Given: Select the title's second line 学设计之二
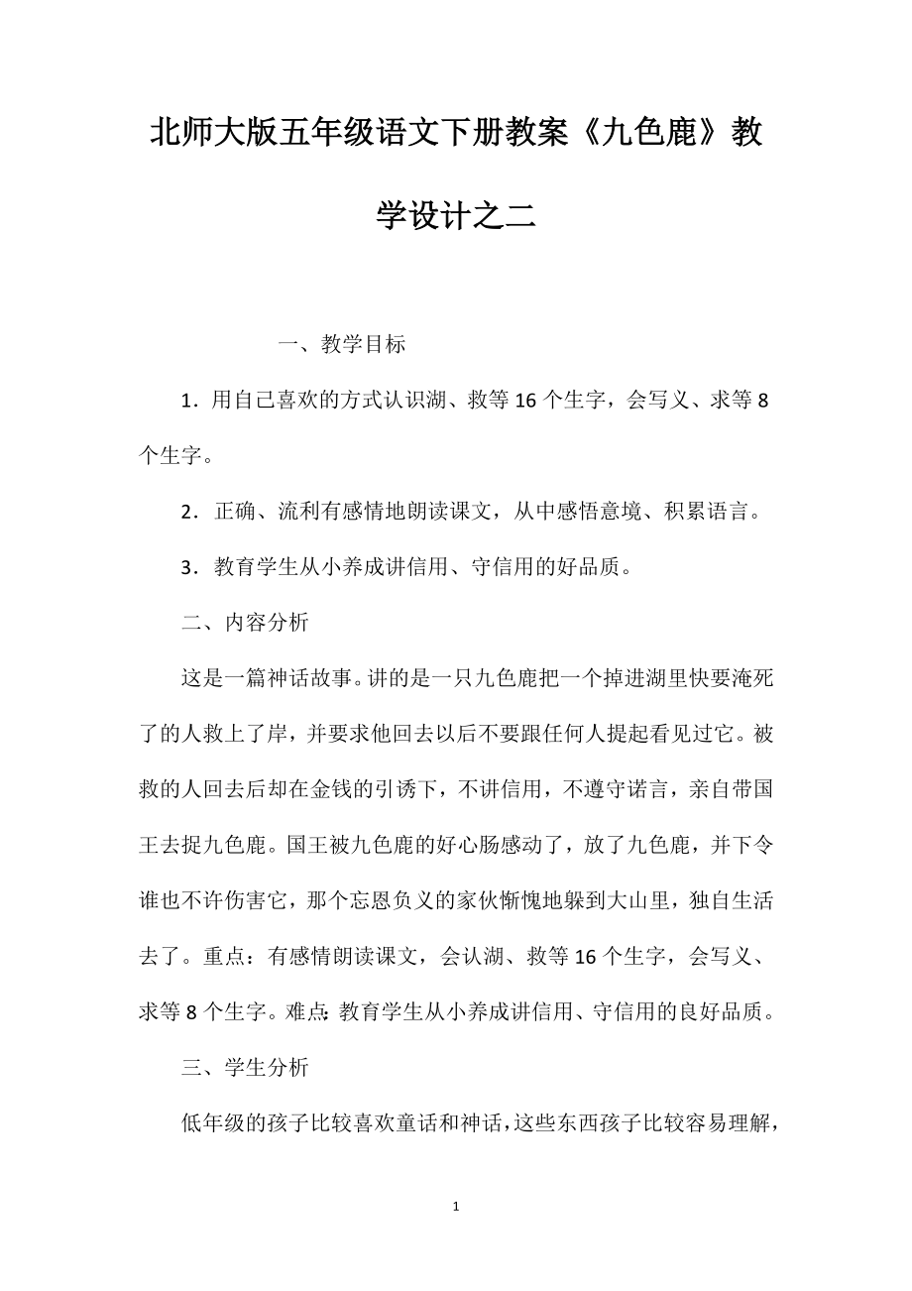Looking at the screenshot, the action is click(456, 214).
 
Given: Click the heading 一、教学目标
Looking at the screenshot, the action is click(342, 345).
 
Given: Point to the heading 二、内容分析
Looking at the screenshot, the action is click(245, 623).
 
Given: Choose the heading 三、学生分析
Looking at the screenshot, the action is click(245, 1067).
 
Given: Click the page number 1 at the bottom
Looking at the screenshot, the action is click(455, 1207).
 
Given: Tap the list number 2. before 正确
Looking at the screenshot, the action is click(189, 512).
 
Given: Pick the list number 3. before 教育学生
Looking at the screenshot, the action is click(189, 567).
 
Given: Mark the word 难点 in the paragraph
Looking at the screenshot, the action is click(306, 1011).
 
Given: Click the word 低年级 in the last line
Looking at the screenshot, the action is click(212, 1122).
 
